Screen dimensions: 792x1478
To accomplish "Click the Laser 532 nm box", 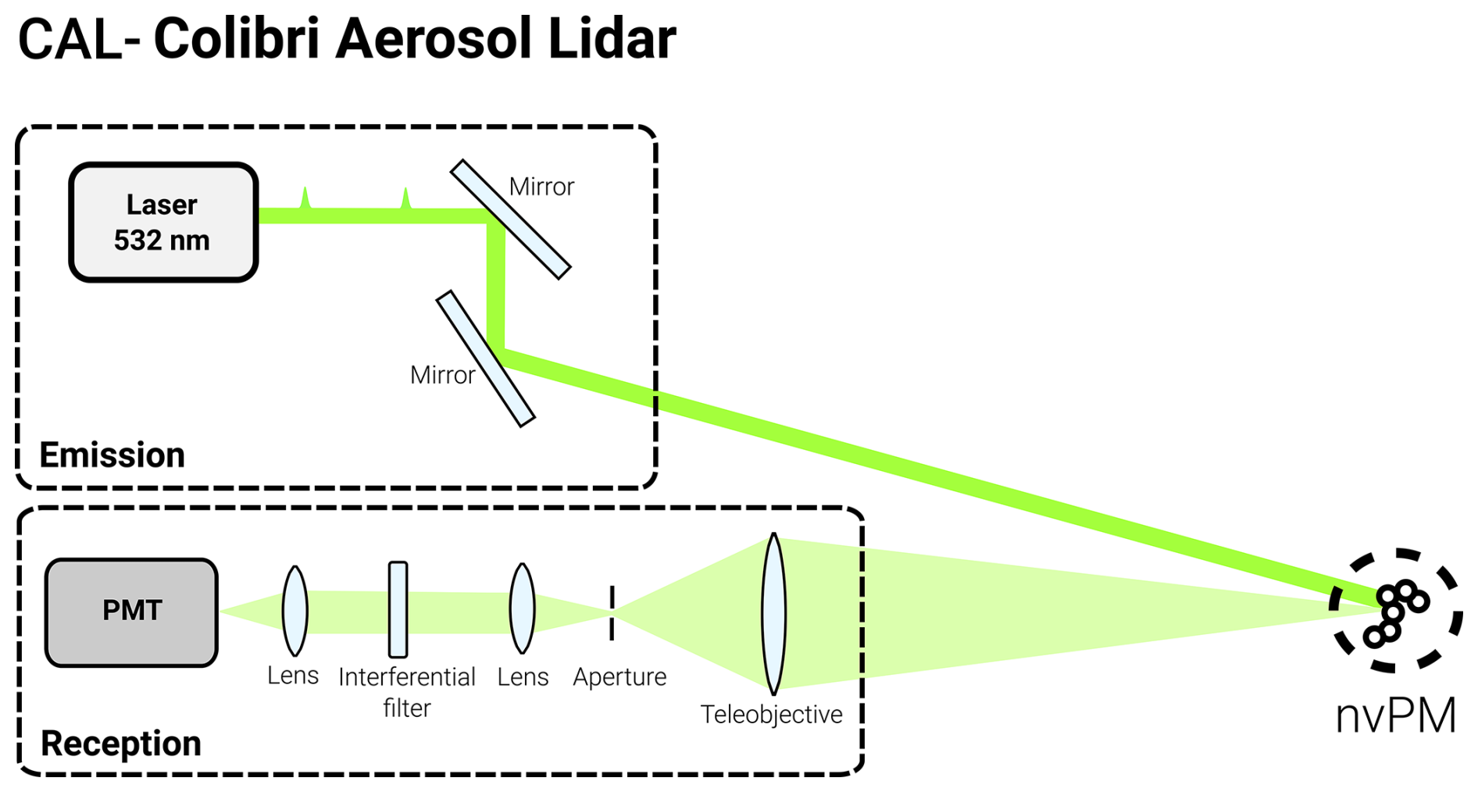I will tap(163, 222).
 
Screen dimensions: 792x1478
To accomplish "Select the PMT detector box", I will tap(131, 612).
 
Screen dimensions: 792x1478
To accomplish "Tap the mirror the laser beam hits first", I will tap(511, 219).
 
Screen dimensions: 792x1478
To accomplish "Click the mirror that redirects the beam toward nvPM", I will tap(485, 359).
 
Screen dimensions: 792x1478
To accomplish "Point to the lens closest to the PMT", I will tap(295, 611).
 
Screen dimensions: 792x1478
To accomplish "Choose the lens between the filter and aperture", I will tap(522, 608).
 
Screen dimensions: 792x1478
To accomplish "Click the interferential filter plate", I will tap(398, 609).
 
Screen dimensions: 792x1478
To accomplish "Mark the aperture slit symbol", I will tap(612, 612).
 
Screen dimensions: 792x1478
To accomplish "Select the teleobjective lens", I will tap(773, 614).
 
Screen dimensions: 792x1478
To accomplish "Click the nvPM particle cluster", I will tap(1395, 611).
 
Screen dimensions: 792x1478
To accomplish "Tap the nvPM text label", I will tap(1395, 715).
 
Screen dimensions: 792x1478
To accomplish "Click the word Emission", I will tap(112, 455).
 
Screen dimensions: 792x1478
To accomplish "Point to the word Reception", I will tap(121, 744).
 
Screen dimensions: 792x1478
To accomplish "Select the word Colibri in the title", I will tap(237, 39).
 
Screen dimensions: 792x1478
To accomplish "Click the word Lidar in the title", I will tap(612, 39).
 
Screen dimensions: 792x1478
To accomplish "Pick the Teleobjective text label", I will tap(771, 715).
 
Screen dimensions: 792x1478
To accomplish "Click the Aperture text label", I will tap(619, 677).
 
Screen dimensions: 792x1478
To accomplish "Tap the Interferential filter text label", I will tap(407, 691).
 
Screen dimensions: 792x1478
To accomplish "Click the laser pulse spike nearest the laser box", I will tap(305, 198).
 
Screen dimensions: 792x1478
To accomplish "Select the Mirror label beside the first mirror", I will tap(541, 187).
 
